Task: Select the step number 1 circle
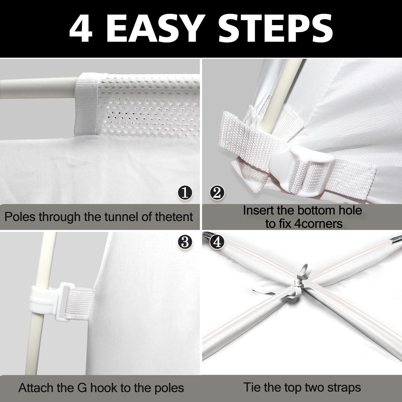[185, 193]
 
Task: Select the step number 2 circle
[217, 193]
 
